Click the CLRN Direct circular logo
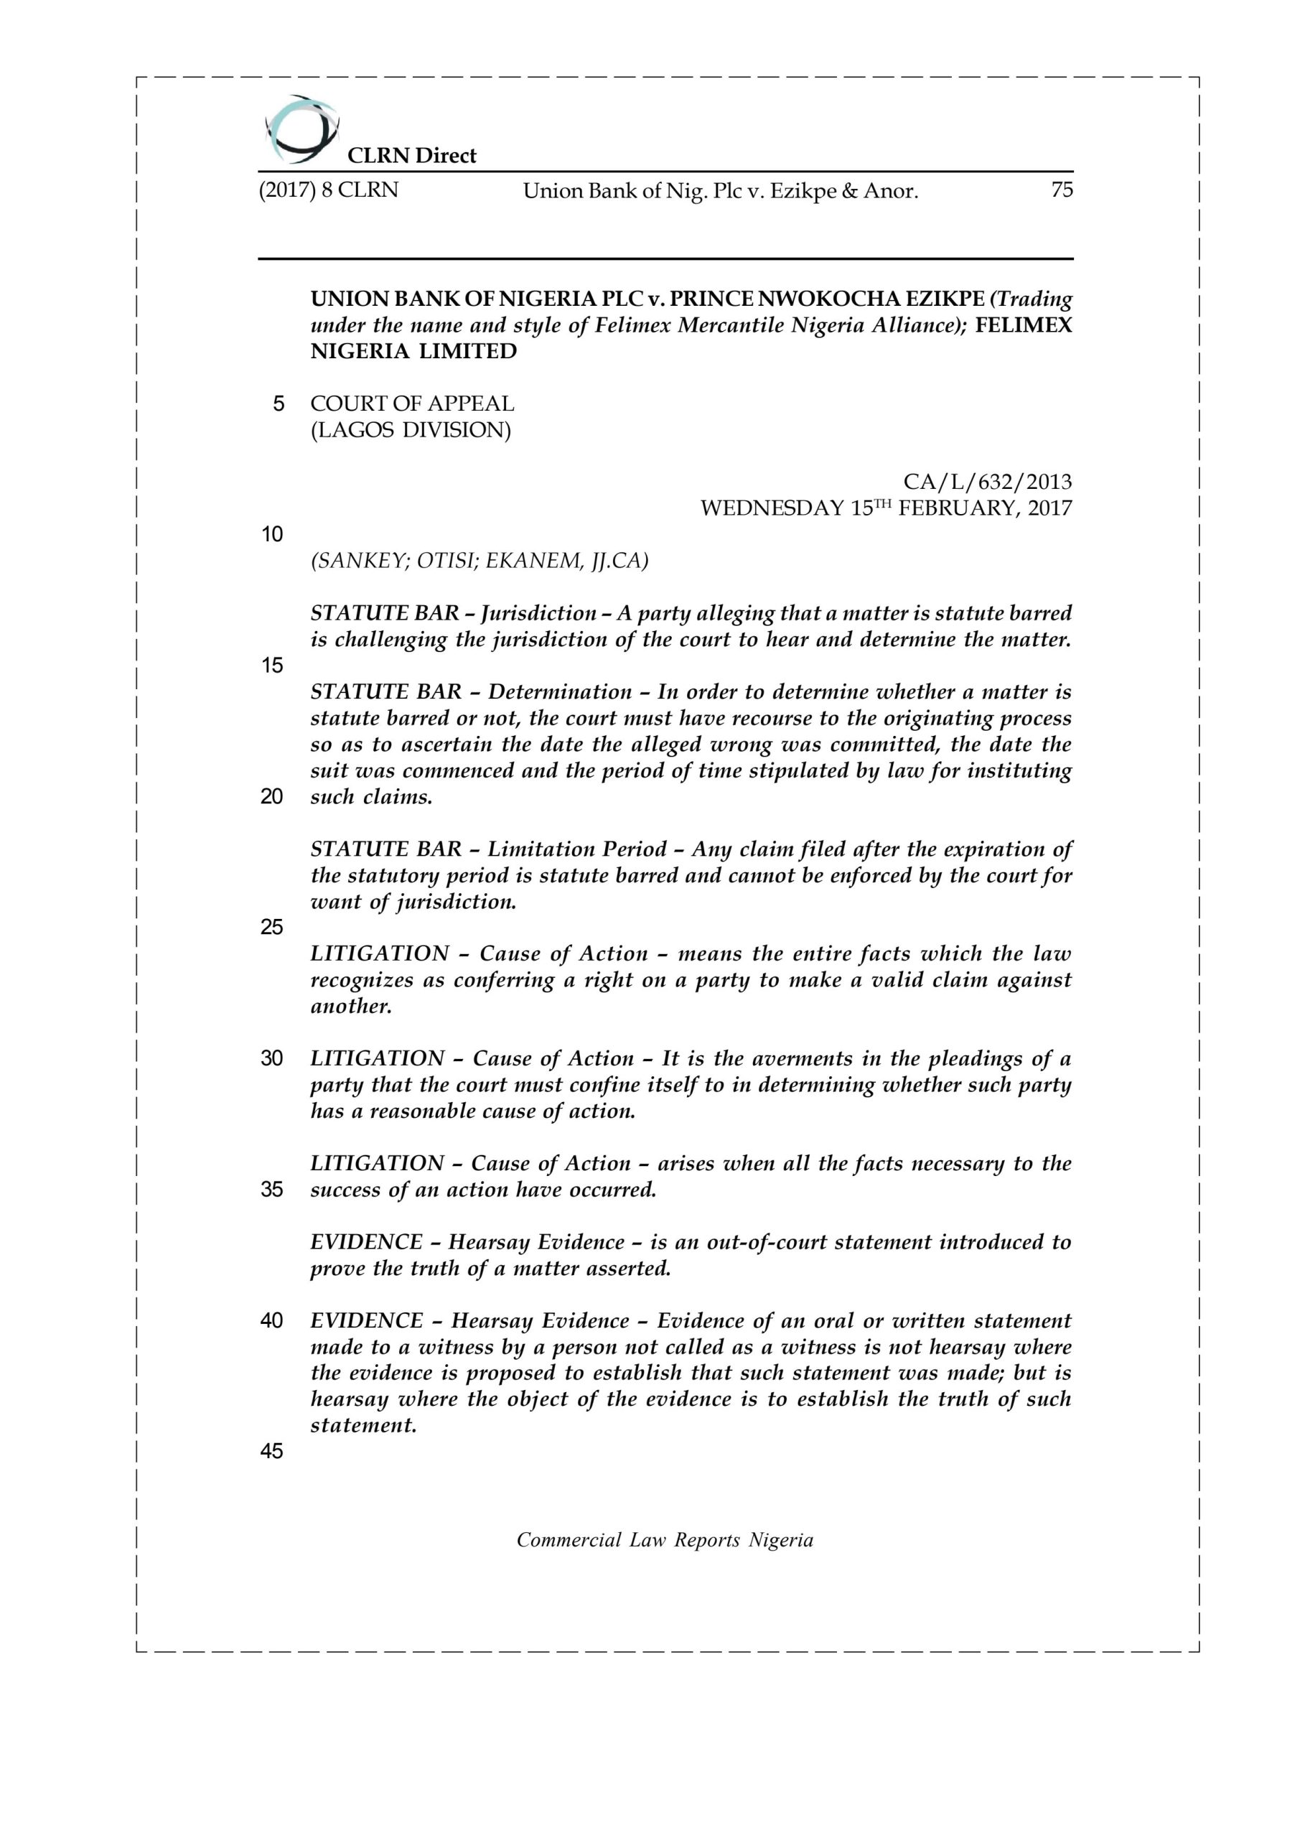tap(300, 128)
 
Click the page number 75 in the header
tap(1061, 190)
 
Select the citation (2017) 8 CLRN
tap(328, 190)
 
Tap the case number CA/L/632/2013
tap(987, 482)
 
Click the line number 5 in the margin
tap(279, 403)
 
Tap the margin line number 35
tap(272, 1190)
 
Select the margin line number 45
tap(272, 1451)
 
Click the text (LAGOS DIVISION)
tap(411, 430)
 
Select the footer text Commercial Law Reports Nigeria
tap(665, 1540)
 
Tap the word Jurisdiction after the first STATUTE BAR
tap(538, 613)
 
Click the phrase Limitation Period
tap(576, 849)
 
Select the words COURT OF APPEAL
tap(412, 403)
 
